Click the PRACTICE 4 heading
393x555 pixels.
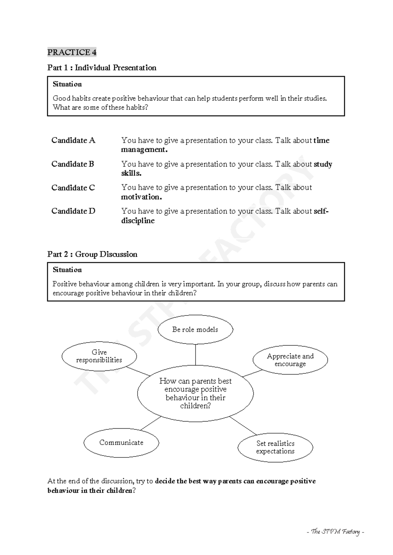(72, 52)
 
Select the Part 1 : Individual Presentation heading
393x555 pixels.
(102, 68)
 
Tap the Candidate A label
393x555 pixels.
(73, 140)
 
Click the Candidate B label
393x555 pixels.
(73, 164)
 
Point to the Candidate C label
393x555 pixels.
(73, 188)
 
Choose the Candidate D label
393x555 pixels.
(73, 211)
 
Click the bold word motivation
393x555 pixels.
(141, 197)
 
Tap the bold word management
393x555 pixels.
(144, 150)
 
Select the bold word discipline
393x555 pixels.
(138, 221)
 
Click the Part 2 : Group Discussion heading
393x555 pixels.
(92, 254)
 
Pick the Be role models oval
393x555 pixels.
(195, 330)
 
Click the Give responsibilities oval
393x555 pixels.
(99, 356)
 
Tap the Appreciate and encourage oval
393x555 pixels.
(290, 360)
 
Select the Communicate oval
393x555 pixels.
(121, 443)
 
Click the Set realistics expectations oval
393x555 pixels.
(275, 447)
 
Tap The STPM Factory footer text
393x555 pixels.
(335, 532)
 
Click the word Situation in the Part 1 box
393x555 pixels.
(67, 84)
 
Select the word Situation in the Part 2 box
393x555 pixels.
(67, 270)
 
